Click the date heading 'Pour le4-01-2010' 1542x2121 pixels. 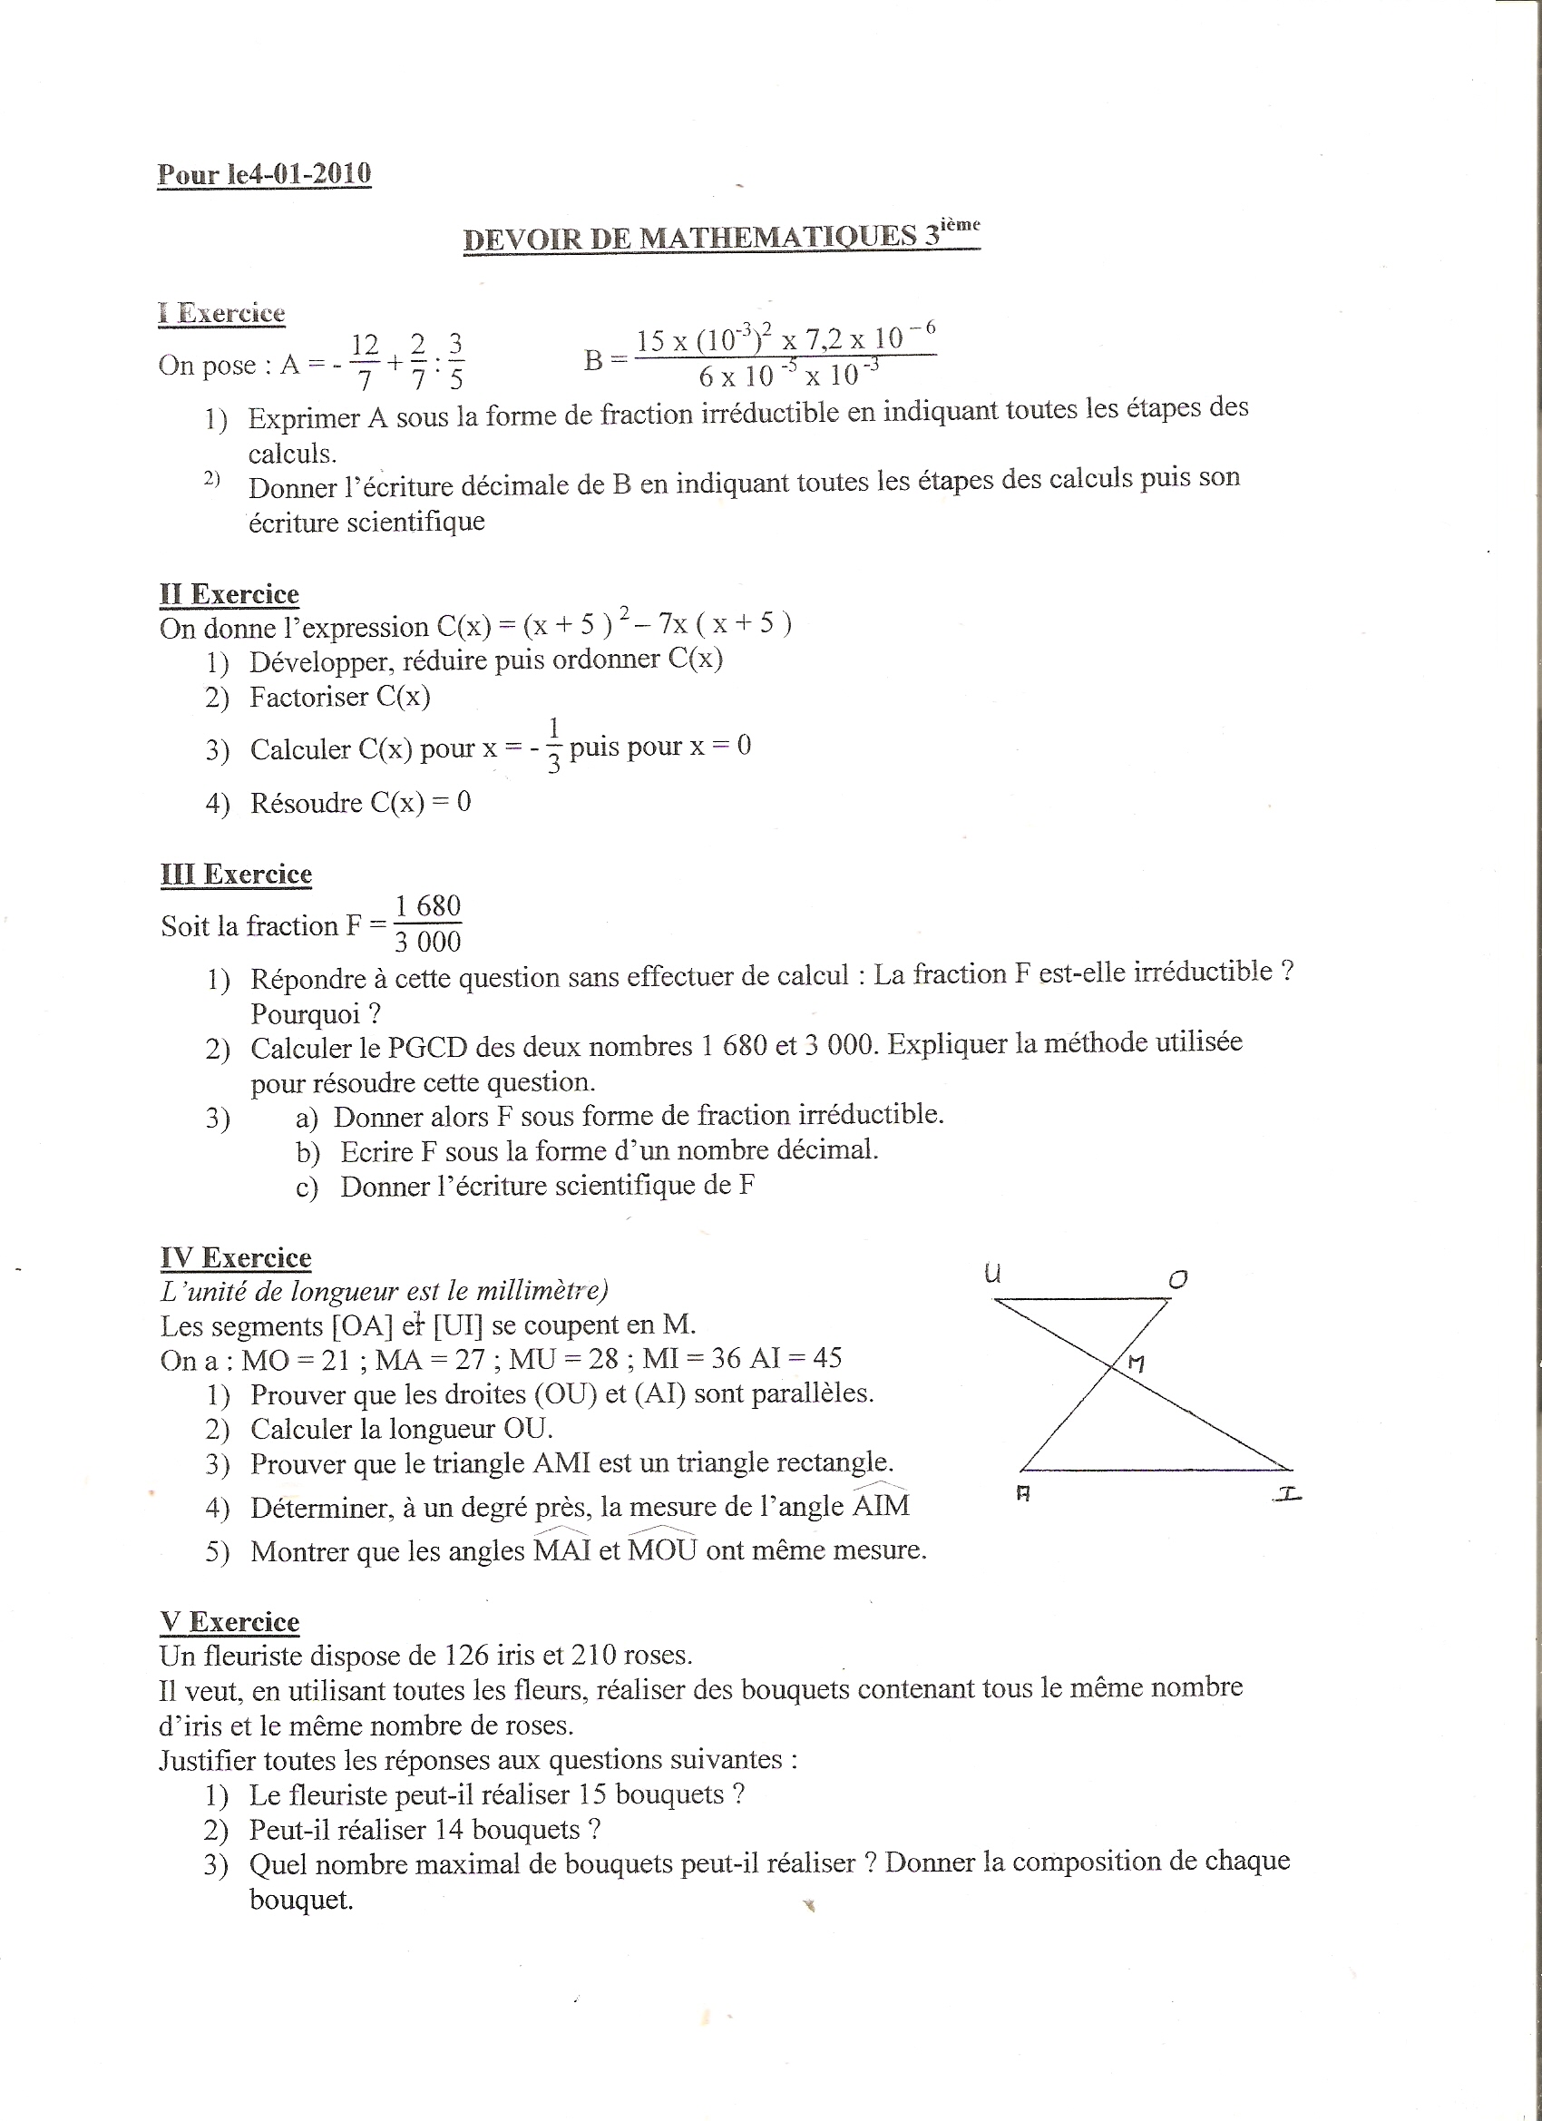point(264,174)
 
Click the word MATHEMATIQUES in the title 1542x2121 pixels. point(778,237)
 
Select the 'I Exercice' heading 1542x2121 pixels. point(221,312)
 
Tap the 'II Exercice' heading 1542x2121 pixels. point(229,594)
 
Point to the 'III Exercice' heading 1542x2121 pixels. point(236,874)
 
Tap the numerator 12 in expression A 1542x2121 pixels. point(365,344)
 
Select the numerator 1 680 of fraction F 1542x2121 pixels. point(427,905)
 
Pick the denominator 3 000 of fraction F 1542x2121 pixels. point(427,941)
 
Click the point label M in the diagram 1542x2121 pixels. point(1136,1363)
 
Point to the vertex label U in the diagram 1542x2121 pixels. point(993,1272)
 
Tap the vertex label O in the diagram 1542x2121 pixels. point(1178,1278)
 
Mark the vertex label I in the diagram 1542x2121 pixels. point(1289,1494)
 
